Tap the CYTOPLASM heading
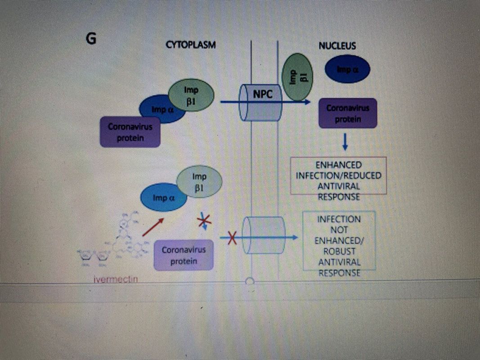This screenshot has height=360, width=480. click(191, 45)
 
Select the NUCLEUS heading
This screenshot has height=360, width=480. click(337, 45)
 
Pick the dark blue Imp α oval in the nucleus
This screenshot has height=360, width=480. click(347, 69)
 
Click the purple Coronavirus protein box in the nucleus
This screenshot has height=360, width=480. click(347, 113)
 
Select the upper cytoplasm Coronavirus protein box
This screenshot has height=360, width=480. click(130, 132)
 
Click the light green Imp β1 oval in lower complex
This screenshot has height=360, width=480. click(199, 182)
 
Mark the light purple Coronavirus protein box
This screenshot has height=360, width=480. click(183, 255)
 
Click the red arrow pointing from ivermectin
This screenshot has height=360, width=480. click(152, 227)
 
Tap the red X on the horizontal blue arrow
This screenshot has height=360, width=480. click(232, 238)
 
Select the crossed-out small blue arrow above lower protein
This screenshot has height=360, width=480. click(205, 221)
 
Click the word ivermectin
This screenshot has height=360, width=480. click(116, 279)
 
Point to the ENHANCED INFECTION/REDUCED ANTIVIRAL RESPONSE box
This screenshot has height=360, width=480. click(338, 176)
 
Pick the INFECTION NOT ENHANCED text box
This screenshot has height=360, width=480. click(339, 240)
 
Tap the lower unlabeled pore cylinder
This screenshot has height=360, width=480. click(264, 235)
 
